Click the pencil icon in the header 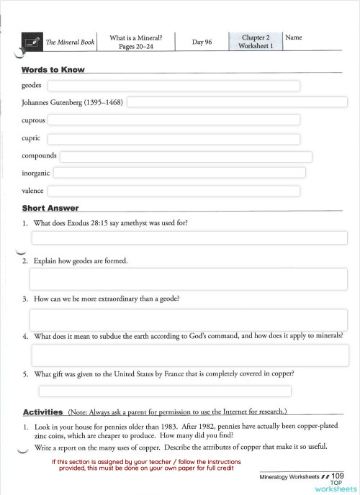click(31, 42)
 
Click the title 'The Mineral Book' click(70, 42)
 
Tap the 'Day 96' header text click(202, 42)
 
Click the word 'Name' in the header click(294, 37)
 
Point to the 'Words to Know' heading click(53, 70)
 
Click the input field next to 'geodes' click(173, 86)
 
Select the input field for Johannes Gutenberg click(237, 103)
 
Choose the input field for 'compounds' click(186, 156)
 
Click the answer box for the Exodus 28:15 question click(189, 238)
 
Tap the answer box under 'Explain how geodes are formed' click(188, 278)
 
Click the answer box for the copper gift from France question click(164, 391)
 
